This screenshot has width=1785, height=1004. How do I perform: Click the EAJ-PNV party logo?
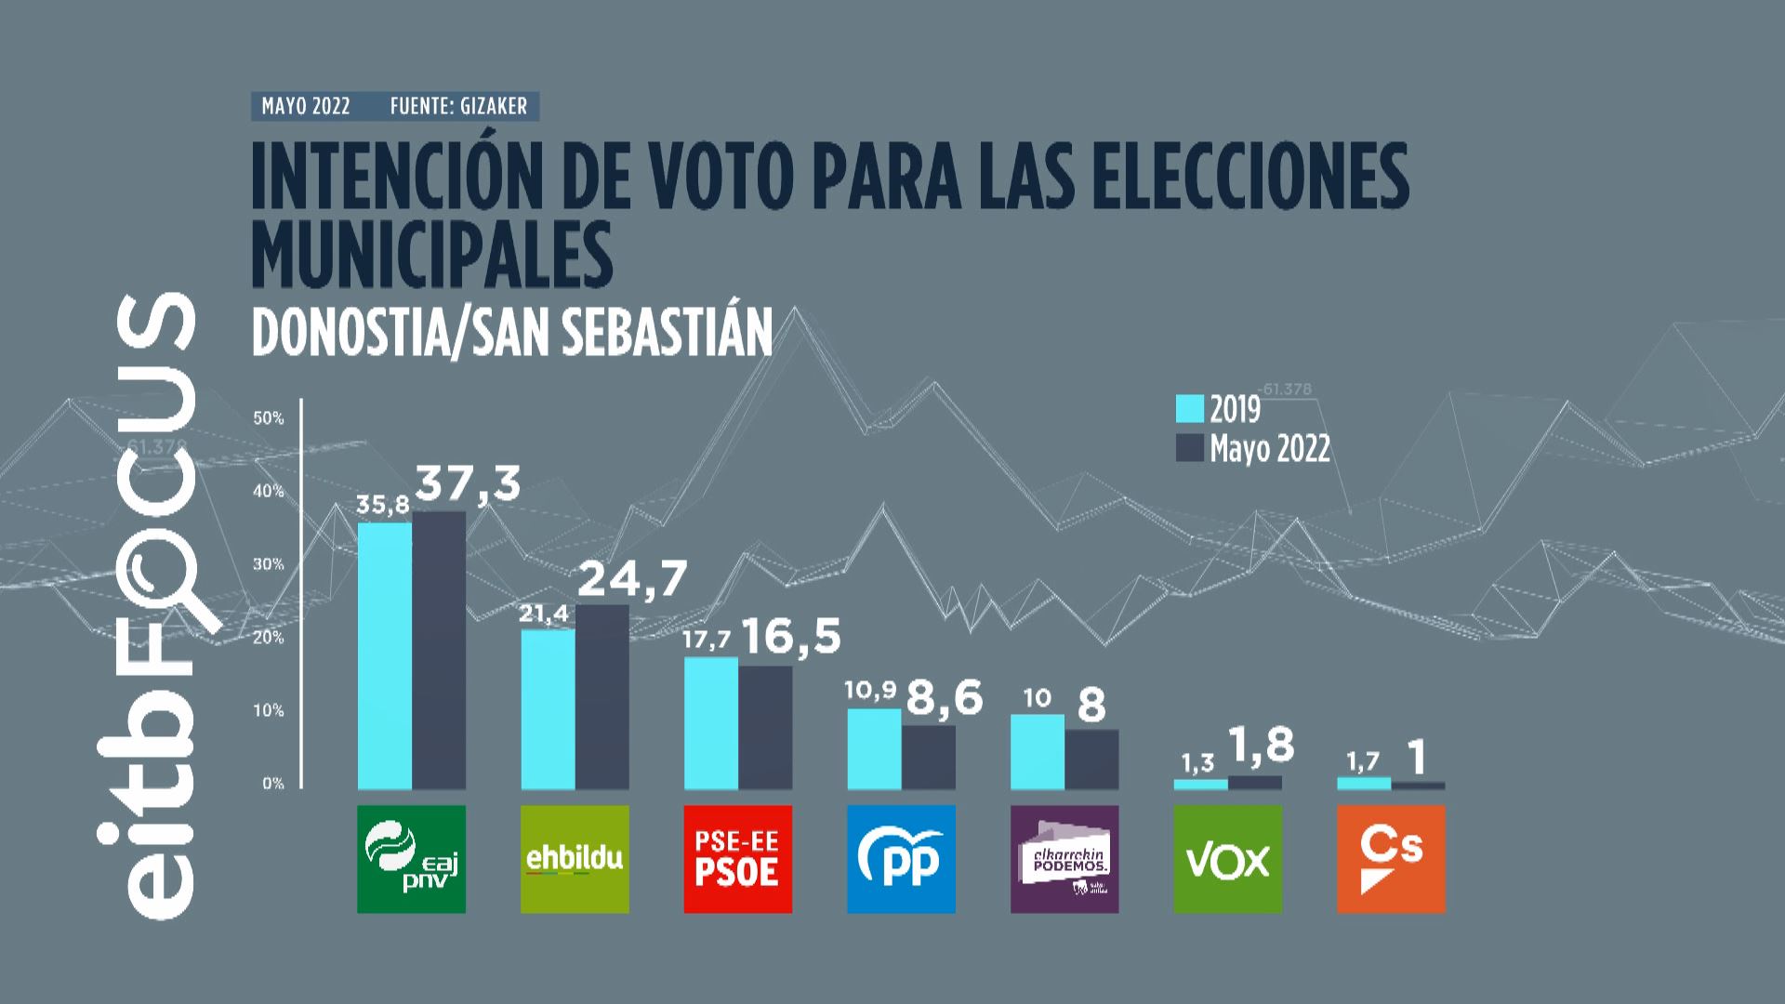tap(411, 859)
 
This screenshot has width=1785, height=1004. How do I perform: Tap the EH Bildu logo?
tap(575, 859)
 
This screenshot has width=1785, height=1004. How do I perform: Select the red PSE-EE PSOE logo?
tap(738, 859)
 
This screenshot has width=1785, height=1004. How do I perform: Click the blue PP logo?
tap(901, 859)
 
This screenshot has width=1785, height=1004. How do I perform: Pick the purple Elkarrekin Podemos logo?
tap(1064, 859)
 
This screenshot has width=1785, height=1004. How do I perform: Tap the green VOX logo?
tap(1227, 859)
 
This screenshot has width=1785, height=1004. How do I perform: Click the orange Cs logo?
tap(1391, 859)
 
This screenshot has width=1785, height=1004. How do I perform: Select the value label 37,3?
tap(467, 483)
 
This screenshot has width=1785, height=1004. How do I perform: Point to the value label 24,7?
tap(632, 578)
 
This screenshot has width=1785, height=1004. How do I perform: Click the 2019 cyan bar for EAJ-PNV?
tap(385, 655)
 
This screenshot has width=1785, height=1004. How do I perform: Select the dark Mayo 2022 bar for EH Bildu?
tap(602, 697)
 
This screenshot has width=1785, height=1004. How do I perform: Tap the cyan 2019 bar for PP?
tap(874, 749)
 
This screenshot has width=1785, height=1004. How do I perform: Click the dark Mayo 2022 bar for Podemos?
tap(1091, 760)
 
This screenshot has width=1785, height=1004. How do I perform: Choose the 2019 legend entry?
tap(1218, 409)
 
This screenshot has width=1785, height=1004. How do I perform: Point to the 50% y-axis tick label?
tap(269, 418)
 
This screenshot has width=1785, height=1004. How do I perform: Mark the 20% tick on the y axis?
tap(269, 638)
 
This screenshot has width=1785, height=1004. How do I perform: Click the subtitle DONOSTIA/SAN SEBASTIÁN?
tap(512, 332)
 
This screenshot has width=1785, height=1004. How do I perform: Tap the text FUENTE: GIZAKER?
tap(458, 106)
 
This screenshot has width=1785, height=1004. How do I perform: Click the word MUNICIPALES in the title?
tap(432, 254)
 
